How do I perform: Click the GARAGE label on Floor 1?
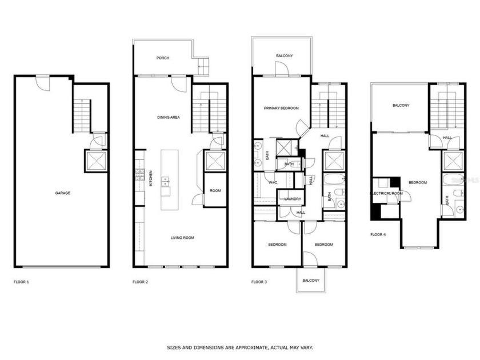tap(62, 193)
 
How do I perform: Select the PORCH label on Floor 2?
tap(163, 58)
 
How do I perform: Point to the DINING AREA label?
tap(169, 117)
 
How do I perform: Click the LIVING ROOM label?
tap(183, 237)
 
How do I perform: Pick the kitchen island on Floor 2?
tap(167, 180)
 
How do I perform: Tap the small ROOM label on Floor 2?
tap(215, 191)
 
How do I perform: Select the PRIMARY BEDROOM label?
tap(281, 107)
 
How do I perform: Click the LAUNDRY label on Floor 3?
tap(293, 199)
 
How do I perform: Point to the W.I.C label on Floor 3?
tap(273, 182)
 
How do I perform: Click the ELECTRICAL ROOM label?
tap(387, 194)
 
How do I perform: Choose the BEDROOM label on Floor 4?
tap(418, 182)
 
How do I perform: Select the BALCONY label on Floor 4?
tap(401, 105)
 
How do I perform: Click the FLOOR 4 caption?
tap(378, 234)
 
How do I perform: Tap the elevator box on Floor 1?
tap(95, 161)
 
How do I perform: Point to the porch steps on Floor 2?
tap(201, 67)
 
